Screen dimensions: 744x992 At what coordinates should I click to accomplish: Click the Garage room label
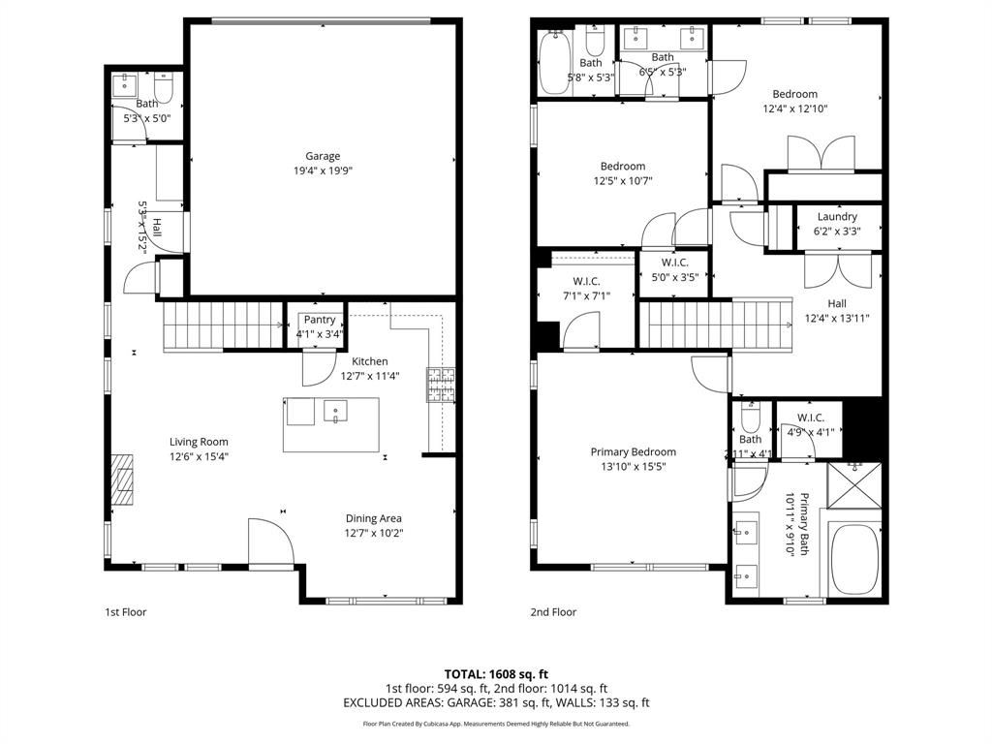click(323, 156)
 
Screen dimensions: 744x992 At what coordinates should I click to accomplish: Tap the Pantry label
click(319, 320)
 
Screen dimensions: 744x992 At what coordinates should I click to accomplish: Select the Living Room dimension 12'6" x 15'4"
click(200, 457)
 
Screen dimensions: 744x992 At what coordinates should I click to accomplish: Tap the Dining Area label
click(373, 518)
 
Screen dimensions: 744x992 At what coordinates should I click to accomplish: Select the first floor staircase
click(223, 325)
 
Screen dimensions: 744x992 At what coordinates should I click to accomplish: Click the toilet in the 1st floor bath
click(164, 90)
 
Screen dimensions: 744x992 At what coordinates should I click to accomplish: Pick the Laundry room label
click(837, 217)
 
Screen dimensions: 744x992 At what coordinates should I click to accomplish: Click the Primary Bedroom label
click(634, 451)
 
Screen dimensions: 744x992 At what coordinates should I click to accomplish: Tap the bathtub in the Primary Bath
click(853, 559)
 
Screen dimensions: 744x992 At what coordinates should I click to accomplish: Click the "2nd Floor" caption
click(553, 612)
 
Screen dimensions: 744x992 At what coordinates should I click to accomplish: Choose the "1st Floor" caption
click(126, 612)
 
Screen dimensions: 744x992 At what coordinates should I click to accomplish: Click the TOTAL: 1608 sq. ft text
click(496, 673)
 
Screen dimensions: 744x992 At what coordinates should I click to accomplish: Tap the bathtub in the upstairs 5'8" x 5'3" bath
click(556, 64)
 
